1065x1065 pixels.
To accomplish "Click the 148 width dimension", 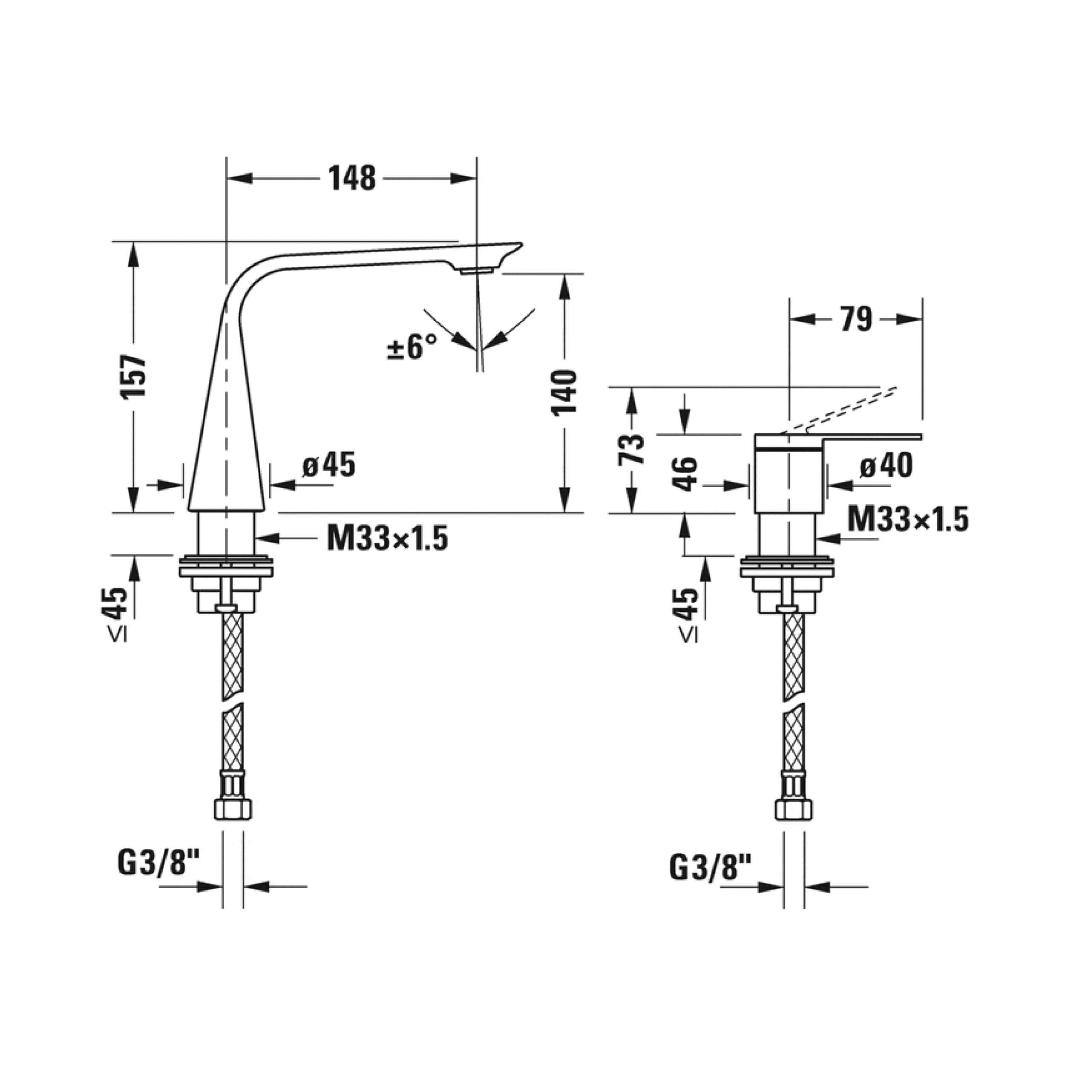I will point(352,178).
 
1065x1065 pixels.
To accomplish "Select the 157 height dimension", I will point(134,377).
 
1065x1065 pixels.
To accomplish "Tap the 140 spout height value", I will point(564,392).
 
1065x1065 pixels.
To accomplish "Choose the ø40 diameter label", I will point(886,465).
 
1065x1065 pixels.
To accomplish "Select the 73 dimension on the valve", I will point(632,449).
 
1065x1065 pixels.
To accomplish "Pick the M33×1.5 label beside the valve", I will point(907,519).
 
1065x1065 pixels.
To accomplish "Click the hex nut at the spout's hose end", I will point(232,809).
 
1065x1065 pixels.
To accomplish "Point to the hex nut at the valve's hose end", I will point(793,809).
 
